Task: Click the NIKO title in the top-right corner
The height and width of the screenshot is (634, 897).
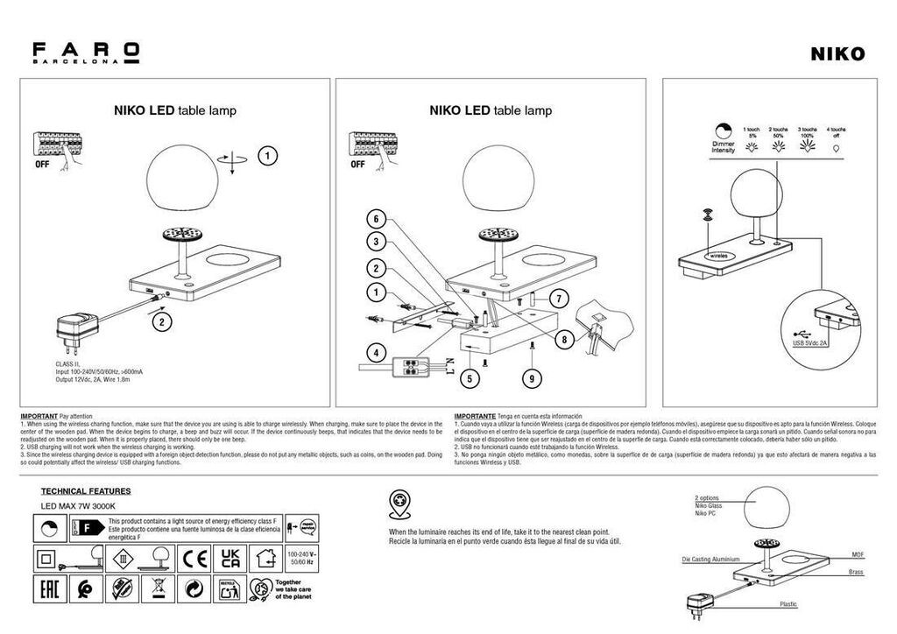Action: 837,54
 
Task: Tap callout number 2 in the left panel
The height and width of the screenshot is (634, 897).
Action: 160,321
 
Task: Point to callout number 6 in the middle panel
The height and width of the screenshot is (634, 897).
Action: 375,218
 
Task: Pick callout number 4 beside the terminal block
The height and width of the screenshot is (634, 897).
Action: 375,354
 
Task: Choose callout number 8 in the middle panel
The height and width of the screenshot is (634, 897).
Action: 562,339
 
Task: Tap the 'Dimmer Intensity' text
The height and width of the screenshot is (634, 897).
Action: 724,146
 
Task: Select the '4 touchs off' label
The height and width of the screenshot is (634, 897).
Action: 837,132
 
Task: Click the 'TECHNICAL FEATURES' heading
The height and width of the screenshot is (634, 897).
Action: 86,492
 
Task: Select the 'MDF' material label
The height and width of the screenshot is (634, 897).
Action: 858,555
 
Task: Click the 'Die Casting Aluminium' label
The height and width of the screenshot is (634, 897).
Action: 710,558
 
